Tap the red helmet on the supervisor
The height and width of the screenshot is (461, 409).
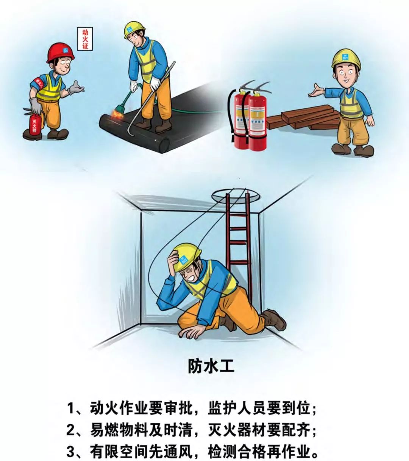[x=60, y=52]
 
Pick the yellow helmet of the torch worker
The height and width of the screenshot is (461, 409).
[x=134, y=30]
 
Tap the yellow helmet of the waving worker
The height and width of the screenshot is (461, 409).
[x=346, y=58]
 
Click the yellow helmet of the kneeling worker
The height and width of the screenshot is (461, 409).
[x=186, y=254]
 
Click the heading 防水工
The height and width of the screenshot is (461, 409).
[x=211, y=367]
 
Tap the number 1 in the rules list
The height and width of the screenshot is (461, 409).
[x=71, y=409]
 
